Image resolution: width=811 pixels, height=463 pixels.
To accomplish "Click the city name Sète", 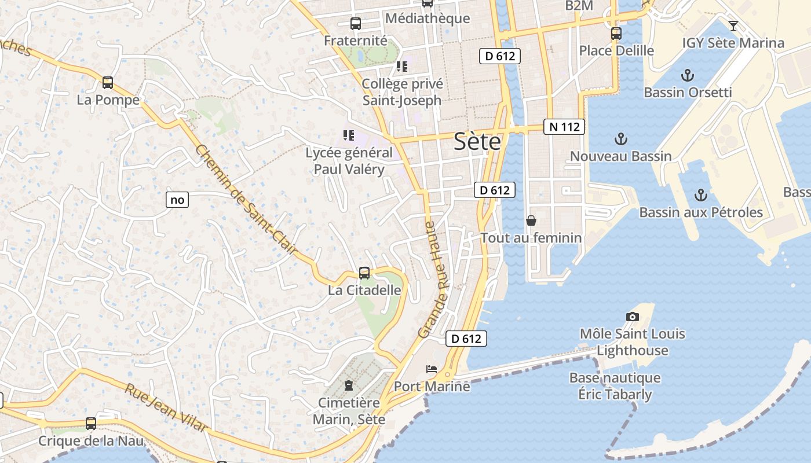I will (x=477, y=141).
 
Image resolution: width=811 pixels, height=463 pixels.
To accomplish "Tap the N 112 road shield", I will (x=564, y=127).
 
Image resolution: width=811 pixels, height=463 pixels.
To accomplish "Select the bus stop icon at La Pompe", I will (x=108, y=83).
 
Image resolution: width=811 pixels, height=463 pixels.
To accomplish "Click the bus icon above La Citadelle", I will (x=364, y=273).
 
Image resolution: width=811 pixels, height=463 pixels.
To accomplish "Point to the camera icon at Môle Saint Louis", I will (x=633, y=317).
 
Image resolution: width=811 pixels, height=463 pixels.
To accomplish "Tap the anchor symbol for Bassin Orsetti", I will (x=688, y=75).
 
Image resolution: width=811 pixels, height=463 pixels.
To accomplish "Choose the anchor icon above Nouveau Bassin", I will (x=620, y=139).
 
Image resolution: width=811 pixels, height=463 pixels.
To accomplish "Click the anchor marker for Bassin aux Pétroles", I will (x=701, y=195).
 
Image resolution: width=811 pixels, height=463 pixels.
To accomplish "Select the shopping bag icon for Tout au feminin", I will (x=531, y=221).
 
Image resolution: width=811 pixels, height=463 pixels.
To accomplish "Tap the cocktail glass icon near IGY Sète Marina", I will (x=733, y=25).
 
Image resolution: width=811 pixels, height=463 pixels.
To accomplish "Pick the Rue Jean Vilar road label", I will (x=166, y=407).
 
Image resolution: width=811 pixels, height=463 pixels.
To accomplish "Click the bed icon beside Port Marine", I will (x=432, y=369).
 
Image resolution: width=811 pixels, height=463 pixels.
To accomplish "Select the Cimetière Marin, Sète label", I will (x=349, y=411).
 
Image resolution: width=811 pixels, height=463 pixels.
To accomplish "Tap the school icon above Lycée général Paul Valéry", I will (x=348, y=135).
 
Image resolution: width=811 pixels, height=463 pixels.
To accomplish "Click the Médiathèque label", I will (x=428, y=19).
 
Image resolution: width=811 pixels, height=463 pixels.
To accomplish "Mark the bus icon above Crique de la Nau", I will (x=91, y=424).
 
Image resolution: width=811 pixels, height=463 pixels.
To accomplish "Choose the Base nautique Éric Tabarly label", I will (x=615, y=386).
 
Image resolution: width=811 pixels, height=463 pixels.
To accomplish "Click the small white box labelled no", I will (x=177, y=200).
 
